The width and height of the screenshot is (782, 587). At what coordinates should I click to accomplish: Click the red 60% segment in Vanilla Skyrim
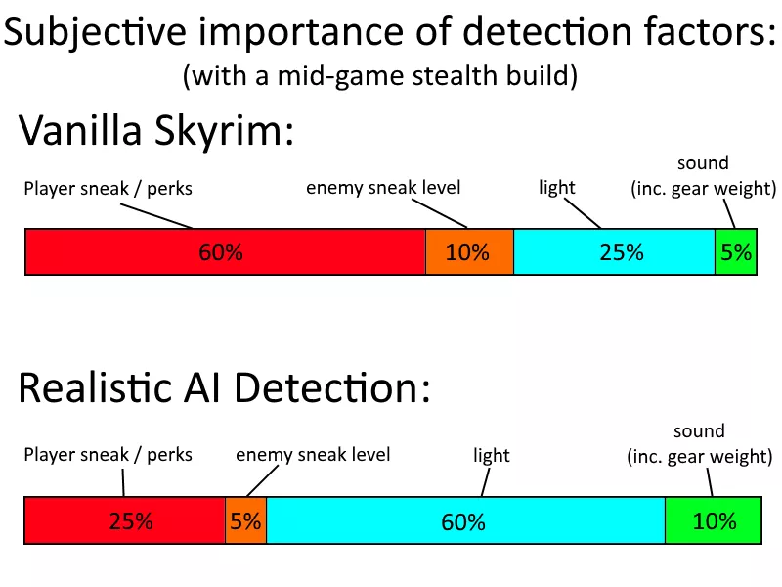[225, 251]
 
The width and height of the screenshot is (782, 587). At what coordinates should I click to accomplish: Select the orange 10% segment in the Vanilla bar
[469, 251]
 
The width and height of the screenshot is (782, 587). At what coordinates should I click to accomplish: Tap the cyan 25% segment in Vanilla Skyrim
[614, 251]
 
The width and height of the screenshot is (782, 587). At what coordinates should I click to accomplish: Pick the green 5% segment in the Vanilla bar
[736, 251]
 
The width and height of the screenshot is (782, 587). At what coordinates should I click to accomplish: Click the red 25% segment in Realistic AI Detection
[125, 520]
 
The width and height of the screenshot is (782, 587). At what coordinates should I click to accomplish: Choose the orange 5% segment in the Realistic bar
[246, 520]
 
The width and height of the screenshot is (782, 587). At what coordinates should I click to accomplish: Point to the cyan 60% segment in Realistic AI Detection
[465, 520]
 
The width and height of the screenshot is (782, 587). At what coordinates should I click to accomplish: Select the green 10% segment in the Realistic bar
[714, 520]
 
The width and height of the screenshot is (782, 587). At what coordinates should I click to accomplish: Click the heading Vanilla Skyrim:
[156, 131]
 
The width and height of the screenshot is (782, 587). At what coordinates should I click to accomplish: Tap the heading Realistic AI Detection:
[225, 388]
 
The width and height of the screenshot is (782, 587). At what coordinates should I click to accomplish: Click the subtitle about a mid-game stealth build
[380, 76]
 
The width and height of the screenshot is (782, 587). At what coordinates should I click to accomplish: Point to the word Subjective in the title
[95, 32]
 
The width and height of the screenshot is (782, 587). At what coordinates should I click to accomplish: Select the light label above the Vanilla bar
[556, 188]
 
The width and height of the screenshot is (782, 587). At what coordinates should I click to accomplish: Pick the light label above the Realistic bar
[492, 455]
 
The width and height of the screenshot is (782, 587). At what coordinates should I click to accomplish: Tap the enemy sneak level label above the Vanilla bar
[383, 188]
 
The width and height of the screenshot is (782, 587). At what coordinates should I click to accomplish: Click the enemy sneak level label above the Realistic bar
[313, 455]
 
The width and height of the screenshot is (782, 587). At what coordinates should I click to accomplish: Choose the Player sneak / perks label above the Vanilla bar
[108, 189]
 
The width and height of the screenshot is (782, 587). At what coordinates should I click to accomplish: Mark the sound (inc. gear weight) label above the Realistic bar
[699, 444]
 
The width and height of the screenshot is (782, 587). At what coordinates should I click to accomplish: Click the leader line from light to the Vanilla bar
[583, 213]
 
